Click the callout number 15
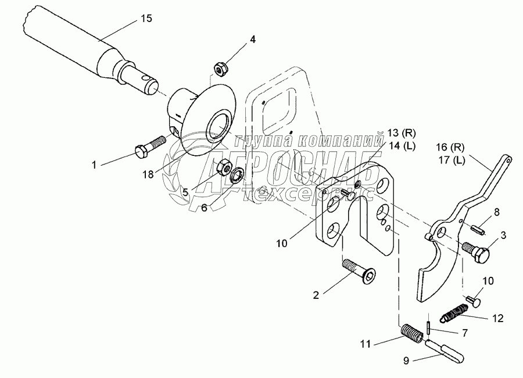[146, 19]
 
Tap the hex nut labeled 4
[221, 70]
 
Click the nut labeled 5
[223, 168]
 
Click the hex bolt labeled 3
[476, 252]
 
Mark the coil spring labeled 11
[410, 335]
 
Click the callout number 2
[316, 295]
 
